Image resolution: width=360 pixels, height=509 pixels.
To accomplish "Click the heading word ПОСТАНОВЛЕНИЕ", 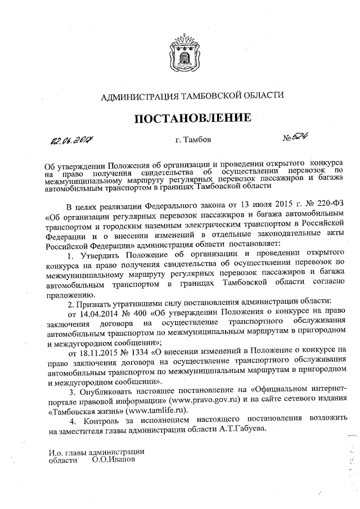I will click(191, 118).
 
